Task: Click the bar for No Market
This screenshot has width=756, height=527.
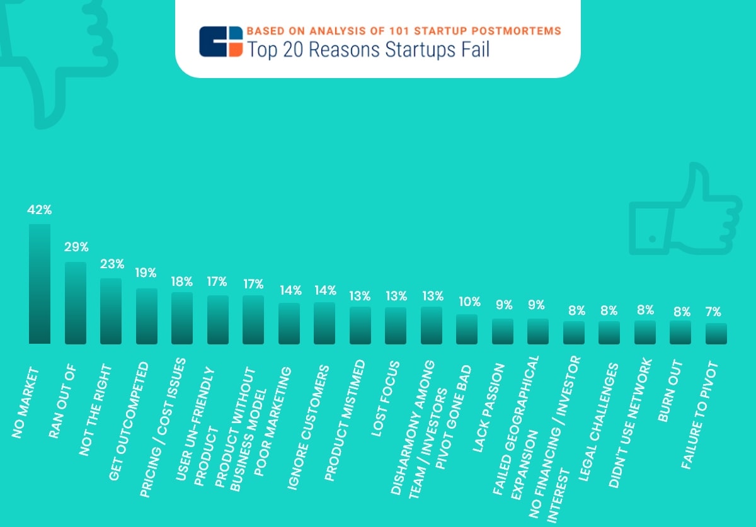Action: (39, 284)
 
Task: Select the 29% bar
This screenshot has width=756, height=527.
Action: (76, 303)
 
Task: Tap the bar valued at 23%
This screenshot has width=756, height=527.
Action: (111, 311)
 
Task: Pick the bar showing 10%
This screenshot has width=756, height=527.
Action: (467, 329)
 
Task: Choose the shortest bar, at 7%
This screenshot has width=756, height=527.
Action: (716, 334)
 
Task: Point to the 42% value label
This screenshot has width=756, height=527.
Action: (39, 210)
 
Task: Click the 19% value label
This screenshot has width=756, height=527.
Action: (147, 273)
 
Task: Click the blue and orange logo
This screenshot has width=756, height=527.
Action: (220, 42)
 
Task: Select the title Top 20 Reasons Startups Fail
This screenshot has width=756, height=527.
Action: (368, 49)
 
